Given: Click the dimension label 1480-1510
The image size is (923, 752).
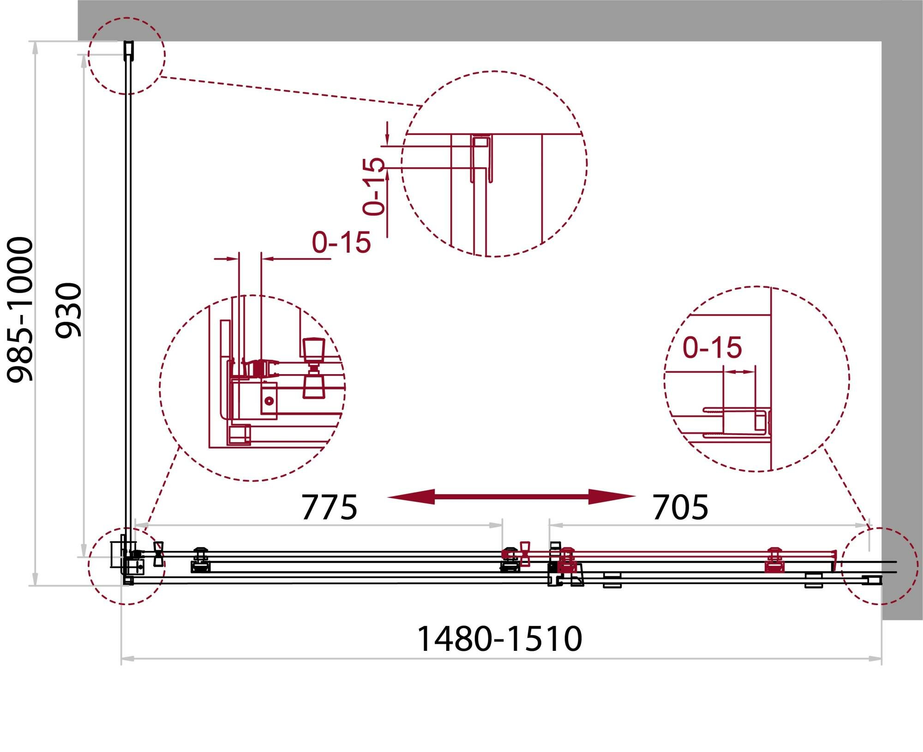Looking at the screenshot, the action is click(499, 639).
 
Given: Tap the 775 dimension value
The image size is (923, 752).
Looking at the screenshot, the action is click(329, 507).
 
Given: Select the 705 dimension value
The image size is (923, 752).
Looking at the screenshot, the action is click(680, 507).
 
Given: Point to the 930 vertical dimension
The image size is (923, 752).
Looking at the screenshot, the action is click(68, 310).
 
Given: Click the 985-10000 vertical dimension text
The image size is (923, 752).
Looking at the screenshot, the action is click(20, 309).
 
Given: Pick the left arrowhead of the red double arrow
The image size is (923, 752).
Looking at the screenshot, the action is click(411, 497).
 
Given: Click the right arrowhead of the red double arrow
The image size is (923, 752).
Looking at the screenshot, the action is click(612, 497).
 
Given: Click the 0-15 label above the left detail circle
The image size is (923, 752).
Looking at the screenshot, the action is click(341, 242).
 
